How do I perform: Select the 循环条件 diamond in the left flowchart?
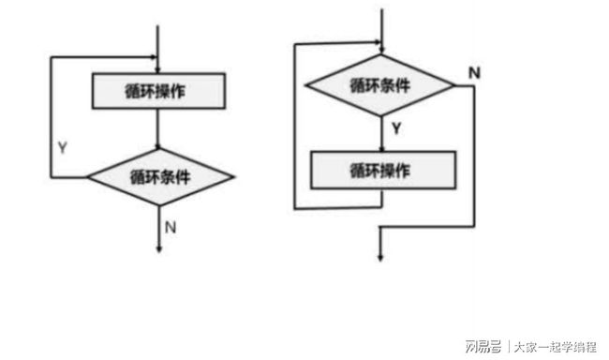click(160, 175)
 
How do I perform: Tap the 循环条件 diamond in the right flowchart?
click(381, 86)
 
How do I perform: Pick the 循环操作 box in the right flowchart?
click(382, 170)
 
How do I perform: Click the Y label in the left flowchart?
click(62, 148)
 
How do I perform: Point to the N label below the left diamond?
click(171, 226)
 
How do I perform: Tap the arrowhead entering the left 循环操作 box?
click(160, 68)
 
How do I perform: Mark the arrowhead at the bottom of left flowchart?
click(160, 247)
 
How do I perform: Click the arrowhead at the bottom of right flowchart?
click(380, 256)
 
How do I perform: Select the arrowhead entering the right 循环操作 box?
click(381, 147)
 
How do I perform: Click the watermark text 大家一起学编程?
click(552, 341)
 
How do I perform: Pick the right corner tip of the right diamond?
click(454, 86)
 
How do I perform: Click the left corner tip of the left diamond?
click(88, 175)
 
